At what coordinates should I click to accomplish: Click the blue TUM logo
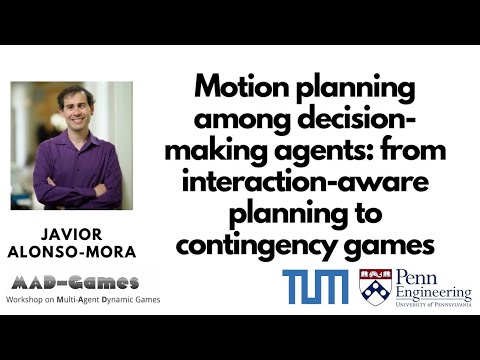(315, 286)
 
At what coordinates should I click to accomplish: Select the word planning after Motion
(354, 87)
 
